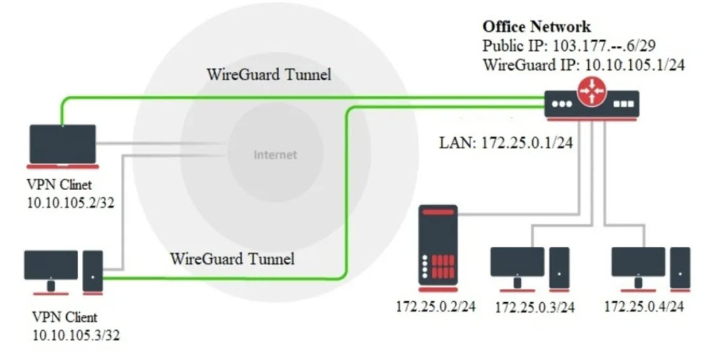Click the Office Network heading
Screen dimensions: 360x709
536,27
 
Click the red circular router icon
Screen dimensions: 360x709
591,94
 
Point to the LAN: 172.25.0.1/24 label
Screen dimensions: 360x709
506,142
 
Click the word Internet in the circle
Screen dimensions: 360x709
275,155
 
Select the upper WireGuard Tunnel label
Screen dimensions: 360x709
269,74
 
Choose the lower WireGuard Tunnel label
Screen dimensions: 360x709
232,259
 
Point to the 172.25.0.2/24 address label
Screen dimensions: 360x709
436,306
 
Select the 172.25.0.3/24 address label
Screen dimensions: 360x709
534,308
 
